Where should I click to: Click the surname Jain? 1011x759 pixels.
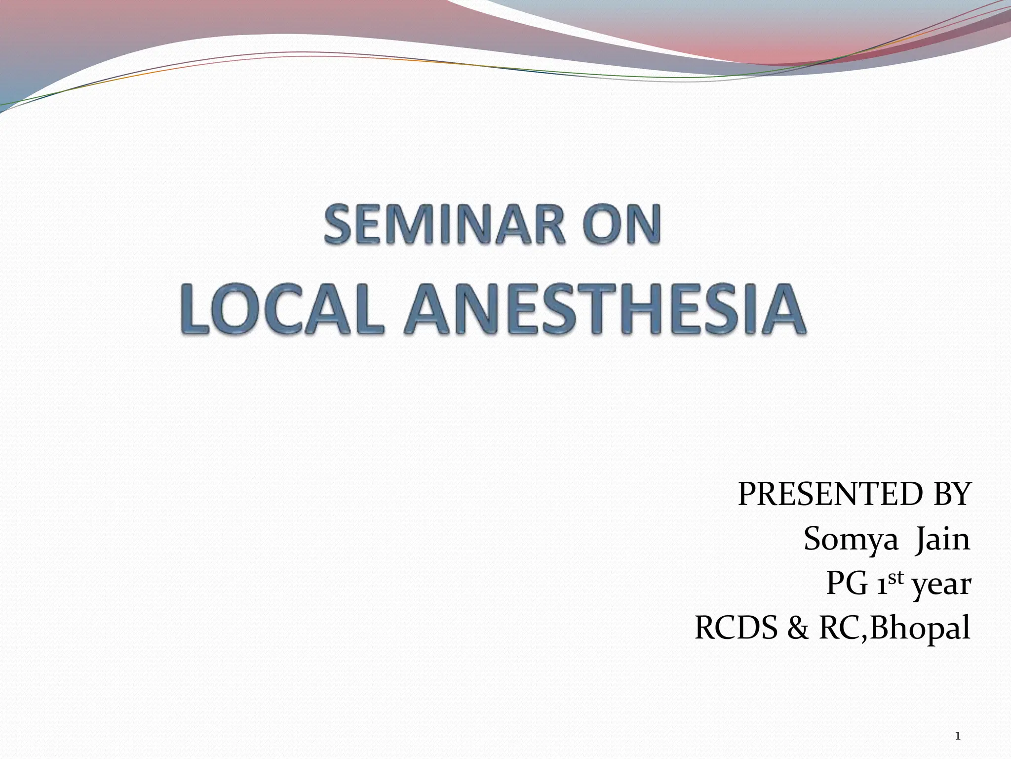(x=943, y=539)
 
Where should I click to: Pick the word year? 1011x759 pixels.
(x=941, y=586)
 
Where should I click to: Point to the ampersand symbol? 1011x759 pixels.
(x=798, y=629)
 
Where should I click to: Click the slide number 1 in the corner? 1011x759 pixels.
(x=958, y=723)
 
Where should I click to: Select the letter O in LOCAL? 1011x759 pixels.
(x=226, y=310)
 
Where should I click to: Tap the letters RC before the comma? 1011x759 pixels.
(x=839, y=629)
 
